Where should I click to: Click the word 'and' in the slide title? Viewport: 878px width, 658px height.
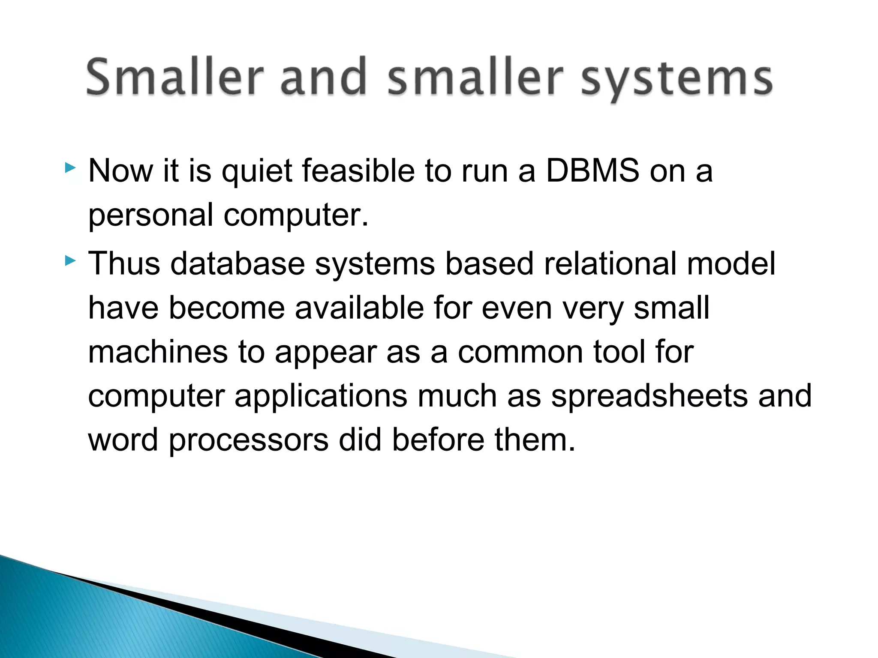[324, 77]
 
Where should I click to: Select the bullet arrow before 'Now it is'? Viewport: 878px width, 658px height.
[70, 167]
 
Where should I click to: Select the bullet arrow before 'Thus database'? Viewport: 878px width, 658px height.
[70, 260]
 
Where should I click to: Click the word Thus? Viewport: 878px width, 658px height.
[124, 263]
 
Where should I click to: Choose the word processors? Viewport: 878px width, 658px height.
[248, 441]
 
